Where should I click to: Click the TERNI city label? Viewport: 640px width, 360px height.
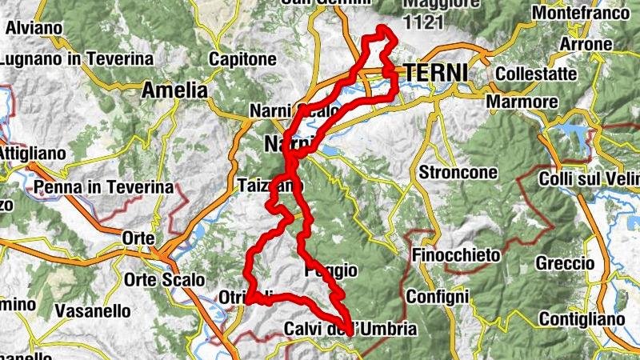pyautogui.click(x=436, y=72)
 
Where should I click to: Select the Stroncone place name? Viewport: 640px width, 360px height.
pyautogui.click(x=458, y=172)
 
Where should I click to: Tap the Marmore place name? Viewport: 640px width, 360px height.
pyautogui.click(x=522, y=102)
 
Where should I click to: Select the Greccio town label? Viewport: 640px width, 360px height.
pyautogui.click(x=566, y=263)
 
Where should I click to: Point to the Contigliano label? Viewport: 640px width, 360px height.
pyautogui.click(x=581, y=320)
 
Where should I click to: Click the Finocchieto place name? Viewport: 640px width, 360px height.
pyautogui.click(x=457, y=255)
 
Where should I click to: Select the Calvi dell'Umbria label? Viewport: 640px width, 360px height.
pyautogui.click(x=350, y=329)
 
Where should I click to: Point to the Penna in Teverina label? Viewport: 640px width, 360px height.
pyautogui.click(x=104, y=188)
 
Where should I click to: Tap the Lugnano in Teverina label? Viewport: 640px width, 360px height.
pyautogui.click(x=77, y=59)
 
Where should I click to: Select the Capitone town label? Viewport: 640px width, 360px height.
pyautogui.click(x=242, y=59)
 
